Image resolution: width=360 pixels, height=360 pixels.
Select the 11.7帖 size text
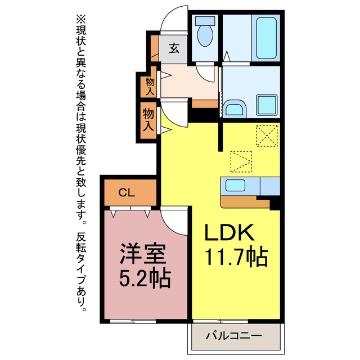pyautogui.click(x=235, y=258)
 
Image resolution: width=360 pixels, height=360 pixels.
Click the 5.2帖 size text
pyautogui.click(x=142, y=279)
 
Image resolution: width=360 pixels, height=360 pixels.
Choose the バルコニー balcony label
pyautogui.click(x=233, y=336)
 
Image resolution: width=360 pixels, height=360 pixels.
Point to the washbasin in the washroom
pyautogui.click(x=233, y=107)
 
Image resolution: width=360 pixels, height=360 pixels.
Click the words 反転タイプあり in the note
pyautogui.click(x=83, y=270)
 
